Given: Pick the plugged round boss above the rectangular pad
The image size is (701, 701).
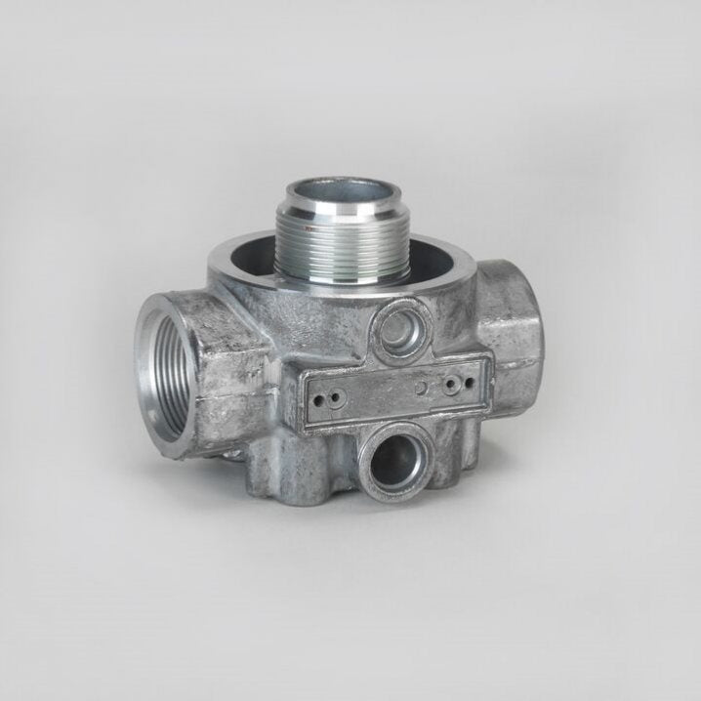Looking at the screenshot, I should point(401,326).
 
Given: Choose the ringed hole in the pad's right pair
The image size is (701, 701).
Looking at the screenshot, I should point(450,386).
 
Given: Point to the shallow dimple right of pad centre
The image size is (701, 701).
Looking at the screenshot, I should point(421,388).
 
